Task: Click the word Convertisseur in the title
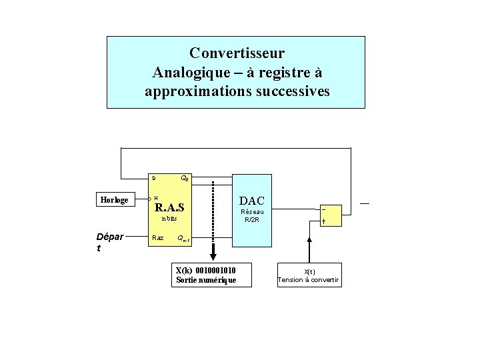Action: (x=237, y=53)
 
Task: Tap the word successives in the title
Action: (x=292, y=91)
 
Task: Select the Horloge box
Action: (x=113, y=200)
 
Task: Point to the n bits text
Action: (x=169, y=219)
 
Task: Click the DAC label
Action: (x=252, y=201)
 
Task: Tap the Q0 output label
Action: (x=185, y=179)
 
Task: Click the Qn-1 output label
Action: (x=183, y=239)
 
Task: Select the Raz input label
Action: (x=158, y=237)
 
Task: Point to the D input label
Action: (x=153, y=178)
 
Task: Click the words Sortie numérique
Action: (x=205, y=280)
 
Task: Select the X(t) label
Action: (x=309, y=271)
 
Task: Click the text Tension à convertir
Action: (x=309, y=280)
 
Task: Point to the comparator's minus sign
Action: (x=324, y=208)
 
